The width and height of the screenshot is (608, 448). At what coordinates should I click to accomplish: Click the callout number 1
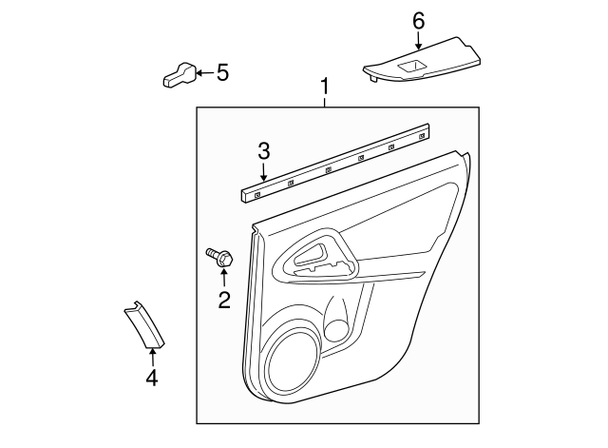[x=325, y=88]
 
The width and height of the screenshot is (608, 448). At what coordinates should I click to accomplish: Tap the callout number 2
[x=224, y=301]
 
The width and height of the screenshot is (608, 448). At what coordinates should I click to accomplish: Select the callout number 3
[x=264, y=150]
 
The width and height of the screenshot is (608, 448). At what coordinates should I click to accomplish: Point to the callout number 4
[x=151, y=379]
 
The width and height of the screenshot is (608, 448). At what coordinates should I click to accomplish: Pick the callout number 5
[x=223, y=71]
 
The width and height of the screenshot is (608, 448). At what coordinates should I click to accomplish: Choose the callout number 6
[x=419, y=20]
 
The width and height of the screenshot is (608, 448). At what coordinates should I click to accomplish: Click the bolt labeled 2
[x=221, y=257]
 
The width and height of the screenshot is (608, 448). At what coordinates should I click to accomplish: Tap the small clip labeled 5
[x=179, y=75]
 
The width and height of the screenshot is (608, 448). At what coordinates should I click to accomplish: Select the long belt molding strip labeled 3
[x=337, y=162]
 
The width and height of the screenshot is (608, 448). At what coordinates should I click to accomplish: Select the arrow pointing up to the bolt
[x=224, y=279]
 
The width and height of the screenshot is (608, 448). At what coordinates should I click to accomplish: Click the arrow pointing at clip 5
[x=204, y=72]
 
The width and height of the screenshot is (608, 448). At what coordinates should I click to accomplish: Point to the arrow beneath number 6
[x=419, y=40]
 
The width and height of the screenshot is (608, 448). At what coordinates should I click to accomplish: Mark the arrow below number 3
[x=264, y=171]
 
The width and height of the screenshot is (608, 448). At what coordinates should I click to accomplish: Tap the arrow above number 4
[x=151, y=357]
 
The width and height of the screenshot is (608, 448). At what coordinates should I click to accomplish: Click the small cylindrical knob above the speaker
[x=335, y=326]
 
